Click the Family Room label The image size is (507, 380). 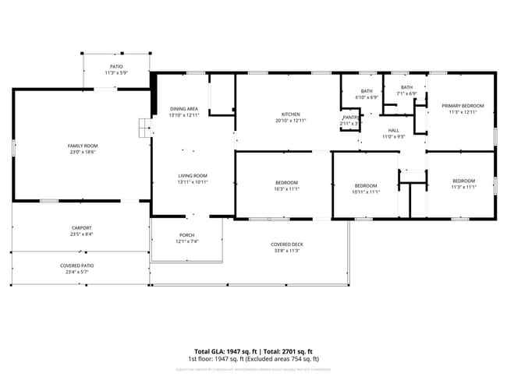(82, 146)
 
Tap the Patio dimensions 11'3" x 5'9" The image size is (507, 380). (115, 73)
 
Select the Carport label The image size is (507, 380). (82, 227)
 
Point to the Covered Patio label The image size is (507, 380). (82, 266)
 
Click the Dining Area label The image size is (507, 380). (184, 108)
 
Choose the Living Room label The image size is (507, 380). (193, 175)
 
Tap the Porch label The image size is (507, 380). (187, 235)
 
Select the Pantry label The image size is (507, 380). (350, 118)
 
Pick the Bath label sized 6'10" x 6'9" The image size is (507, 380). (367, 91)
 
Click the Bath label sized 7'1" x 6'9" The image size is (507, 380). (406, 87)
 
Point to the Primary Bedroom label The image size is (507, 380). (463, 106)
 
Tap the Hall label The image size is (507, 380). (393, 130)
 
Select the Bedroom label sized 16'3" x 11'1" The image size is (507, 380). (286, 182)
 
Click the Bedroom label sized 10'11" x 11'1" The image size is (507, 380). (366, 185)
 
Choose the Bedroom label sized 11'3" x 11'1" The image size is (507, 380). (463, 181)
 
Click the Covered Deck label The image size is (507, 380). (287, 245)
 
